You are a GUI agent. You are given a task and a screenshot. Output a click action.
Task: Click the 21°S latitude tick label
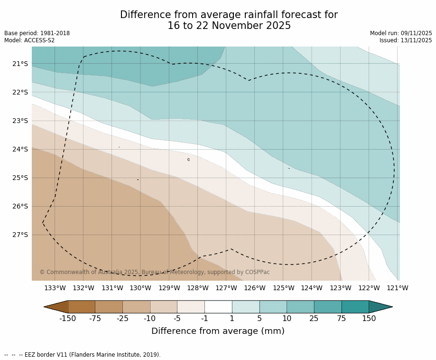pos(20,64)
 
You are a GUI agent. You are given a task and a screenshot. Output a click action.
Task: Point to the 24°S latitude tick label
pos(20,149)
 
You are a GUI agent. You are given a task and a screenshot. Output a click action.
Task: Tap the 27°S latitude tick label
pos(20,235)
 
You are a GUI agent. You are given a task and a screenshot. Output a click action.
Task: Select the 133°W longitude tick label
pos(55,288)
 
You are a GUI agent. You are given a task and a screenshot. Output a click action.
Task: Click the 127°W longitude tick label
pos(226,288)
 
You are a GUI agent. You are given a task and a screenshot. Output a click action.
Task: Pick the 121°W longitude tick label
pos(398,288)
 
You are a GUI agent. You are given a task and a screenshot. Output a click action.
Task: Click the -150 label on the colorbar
pos(67,319)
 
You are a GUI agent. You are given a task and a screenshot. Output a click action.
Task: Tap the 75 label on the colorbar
pos(342,319)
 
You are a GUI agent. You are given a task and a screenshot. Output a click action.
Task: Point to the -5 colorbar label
pos(177,319)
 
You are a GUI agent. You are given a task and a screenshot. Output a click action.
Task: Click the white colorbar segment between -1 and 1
pos(218,307)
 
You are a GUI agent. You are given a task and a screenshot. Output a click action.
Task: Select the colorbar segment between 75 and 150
pos(355,307)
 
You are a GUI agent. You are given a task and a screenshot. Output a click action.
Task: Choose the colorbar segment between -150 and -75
pos(82,307)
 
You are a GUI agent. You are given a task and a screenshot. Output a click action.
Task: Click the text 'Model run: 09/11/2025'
pos(401,33)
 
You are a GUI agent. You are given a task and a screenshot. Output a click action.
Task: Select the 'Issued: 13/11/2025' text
pos(406,40)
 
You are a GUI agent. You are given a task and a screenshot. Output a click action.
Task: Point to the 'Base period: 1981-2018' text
pos(37,33)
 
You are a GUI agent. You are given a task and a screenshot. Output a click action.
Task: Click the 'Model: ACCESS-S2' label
pos(29,40)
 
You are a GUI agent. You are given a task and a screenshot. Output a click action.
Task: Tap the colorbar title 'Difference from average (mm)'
pos(218,332)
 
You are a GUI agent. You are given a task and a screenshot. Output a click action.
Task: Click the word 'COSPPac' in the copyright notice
pos(257,272)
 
